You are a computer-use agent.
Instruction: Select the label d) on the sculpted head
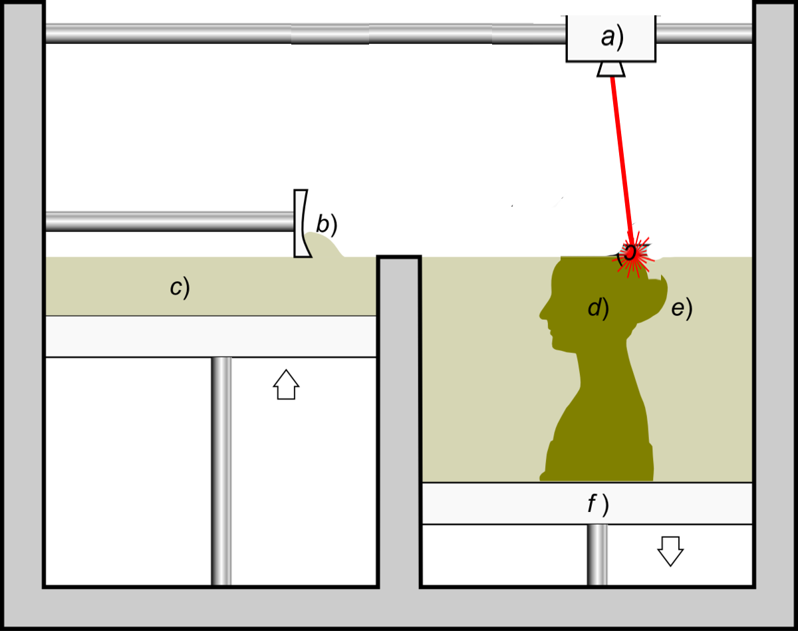pyautogui.click(x=598, y=308)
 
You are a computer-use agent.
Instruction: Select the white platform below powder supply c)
pyautogui.click(x=210, y=336)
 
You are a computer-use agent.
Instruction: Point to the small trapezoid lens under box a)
pyautogui.click(x=611, y=68)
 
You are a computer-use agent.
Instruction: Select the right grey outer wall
pyautogui.click(x=775, y=299)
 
